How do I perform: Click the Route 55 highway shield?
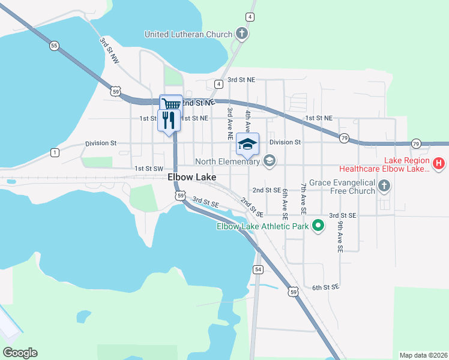pos(55,46)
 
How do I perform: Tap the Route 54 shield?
pos(258,269)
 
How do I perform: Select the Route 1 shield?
pos(55,152)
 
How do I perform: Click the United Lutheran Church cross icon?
pos(241,33)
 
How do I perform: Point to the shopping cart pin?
pos(172,104)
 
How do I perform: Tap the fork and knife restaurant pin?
pos(168,120)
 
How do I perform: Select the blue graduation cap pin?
pos(247,143)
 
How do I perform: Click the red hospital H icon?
pos(439,163)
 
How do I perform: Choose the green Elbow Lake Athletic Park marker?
pos(318,226)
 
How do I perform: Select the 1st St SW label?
pos(149,169)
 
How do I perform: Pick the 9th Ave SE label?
pos(340,231)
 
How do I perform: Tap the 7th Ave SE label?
pos(304,199)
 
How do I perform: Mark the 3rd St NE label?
pos(241,79)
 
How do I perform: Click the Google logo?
pos(20,353)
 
